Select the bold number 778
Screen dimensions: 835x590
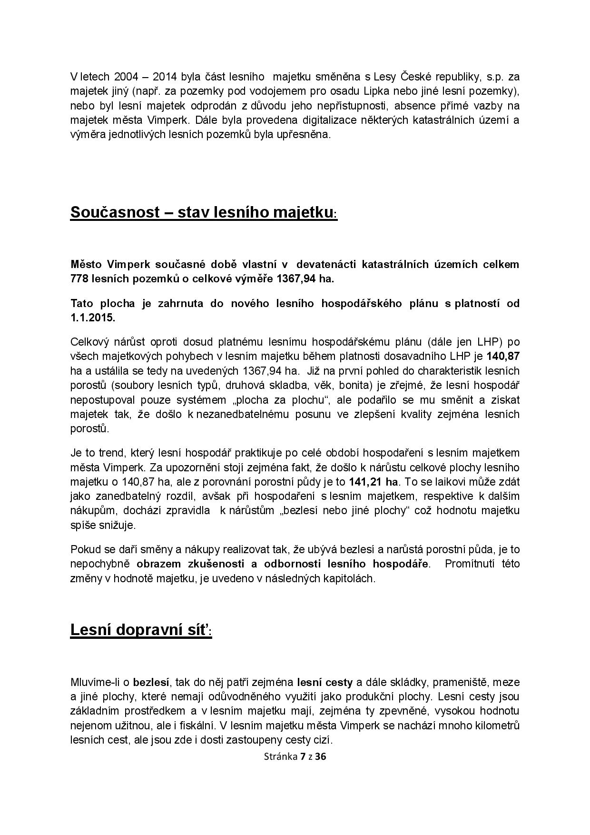(x=79, y=278)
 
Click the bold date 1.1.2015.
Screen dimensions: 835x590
(x=93, y=318)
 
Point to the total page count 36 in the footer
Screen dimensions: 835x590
(x=320, y=756)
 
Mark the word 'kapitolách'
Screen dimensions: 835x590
(x=352, y=579)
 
